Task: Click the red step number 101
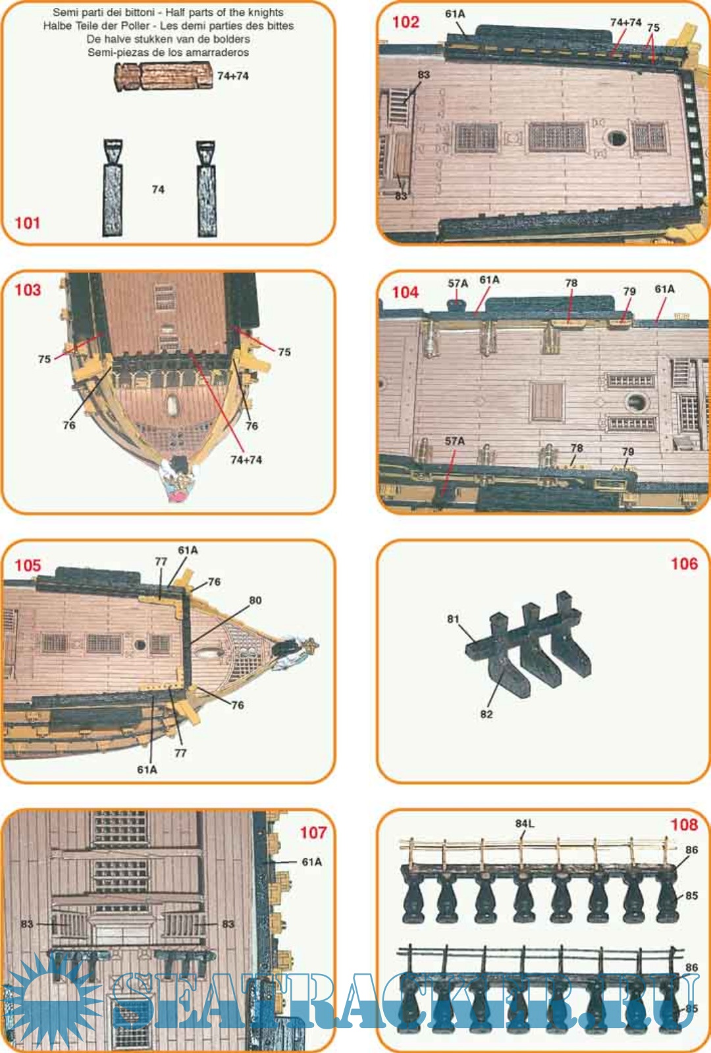tap(27, 223)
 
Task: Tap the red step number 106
tap(684, 563)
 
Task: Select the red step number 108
tap(684, 825)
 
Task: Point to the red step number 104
tap(405, 292)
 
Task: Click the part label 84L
tap(525, 823)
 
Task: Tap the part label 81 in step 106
tap(453, 619)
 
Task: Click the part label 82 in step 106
tap(487, 714)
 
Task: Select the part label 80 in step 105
tap(255, 600)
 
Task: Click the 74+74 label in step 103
tap(246, 460)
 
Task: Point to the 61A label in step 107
tap(312, 862)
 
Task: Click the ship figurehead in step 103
tap(176, 480)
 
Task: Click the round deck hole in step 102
tap(616, 138)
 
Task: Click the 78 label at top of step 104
tap(571, 283)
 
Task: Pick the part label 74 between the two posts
tap(158, 190)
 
